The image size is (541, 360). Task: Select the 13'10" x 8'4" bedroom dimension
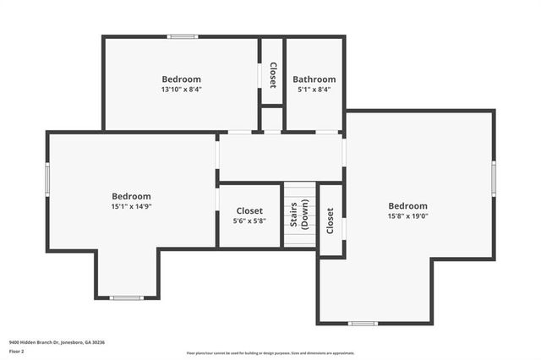pos(182,89)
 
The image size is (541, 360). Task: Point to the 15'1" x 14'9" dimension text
pos(132,206)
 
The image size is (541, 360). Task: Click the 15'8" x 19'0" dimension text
pos(408,215)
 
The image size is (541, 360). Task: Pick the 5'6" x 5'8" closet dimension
pos(249,221)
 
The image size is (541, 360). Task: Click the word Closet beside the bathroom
pos(272,75)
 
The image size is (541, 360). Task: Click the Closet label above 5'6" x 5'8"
pos(249,211)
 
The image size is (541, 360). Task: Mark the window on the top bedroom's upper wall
pos(182,36)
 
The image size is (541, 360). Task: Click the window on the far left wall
pos(47,178)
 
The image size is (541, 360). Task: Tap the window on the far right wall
pos(494,178)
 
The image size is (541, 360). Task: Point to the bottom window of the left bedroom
pos(127,297)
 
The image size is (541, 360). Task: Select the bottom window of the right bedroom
pos(363,323)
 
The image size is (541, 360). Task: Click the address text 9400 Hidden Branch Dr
pos(56,342)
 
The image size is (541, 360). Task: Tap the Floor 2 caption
pos(17,351)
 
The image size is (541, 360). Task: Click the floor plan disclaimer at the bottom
pos(270,353)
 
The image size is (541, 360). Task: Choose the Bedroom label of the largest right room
pos(408,205)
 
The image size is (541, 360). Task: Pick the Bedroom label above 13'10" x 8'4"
pos(182,79)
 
